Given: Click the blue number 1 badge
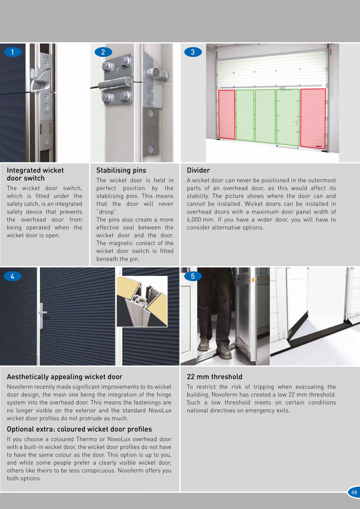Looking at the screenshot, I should [x=13, y=52].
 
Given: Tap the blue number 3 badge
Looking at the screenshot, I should [x=193, y=52].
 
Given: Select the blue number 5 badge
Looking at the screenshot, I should [x=193, y=276].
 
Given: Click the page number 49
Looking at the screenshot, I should [x=354, y=493].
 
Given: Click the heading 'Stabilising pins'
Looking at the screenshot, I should [x=121, y=170].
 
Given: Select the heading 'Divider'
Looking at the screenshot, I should [x=198, y=170].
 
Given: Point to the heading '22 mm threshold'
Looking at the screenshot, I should [x=214, y=377].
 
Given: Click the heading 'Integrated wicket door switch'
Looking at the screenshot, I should [x=35, y=174].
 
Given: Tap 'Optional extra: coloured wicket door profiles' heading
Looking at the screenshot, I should [x=79, y=429].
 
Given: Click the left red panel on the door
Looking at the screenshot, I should [x=227, y=114].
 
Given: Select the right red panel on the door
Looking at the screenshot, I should [x=313, y=117].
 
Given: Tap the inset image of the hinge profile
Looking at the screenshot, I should [x=142, y=301].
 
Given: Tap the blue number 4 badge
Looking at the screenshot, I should [x=13, y=276].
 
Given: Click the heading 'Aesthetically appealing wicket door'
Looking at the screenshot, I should [x=65, y=377].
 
